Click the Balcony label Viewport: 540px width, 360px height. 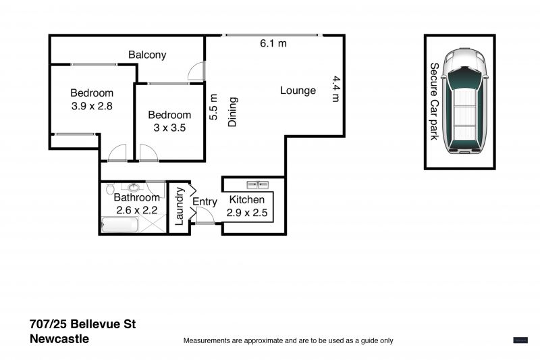click(147, 55)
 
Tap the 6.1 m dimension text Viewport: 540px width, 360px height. click(273, 43)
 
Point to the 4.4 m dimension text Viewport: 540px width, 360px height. click(335, 89)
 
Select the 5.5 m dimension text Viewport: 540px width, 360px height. click(214, 107)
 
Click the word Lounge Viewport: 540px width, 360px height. click(298, 91)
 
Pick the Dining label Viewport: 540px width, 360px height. click(233, 112)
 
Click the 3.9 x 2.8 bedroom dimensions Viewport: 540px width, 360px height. click(92, 106)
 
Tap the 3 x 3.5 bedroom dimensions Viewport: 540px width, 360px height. click(169, 128)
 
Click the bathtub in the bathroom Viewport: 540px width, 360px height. click(120, 225)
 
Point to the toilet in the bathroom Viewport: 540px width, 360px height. click(110, 189)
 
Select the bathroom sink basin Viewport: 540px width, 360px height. click(134, 187)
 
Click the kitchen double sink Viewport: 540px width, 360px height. click(258, 185)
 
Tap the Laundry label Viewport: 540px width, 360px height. click(179, 206)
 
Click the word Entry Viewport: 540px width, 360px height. click(205, 201)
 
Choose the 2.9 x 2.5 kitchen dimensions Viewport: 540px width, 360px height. click(247, 213)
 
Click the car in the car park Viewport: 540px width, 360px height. click(465, 101)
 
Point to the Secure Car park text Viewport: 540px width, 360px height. click(435, 101)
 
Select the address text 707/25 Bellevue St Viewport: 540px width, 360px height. click(82, 324)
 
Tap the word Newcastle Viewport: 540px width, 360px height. click(59, 339)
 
